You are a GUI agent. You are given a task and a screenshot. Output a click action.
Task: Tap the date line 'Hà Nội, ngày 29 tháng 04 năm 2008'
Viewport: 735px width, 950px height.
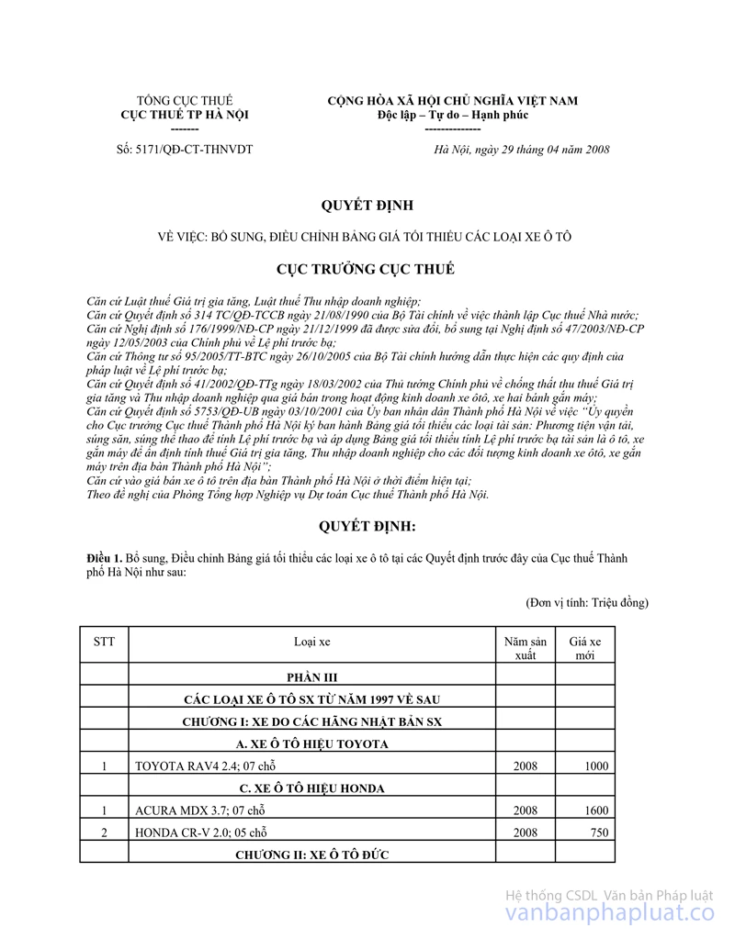coord(522,150)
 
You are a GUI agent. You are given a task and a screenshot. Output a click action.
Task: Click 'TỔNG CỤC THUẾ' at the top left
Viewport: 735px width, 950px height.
coord(185,101)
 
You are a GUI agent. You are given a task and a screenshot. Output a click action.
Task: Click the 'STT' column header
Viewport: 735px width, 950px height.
coord(104,642)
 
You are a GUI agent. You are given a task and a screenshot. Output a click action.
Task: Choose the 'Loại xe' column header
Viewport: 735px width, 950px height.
coord(312,642)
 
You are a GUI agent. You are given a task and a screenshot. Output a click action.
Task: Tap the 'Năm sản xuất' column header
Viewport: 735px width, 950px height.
coord(526,648)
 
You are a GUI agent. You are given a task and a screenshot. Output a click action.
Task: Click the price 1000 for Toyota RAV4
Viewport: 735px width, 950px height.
coord(594,766)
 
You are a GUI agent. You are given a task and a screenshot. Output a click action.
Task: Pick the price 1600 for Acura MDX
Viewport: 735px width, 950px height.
coord(594,810)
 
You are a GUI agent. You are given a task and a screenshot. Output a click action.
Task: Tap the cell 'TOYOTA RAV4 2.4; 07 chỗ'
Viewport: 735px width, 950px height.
coord(204,766)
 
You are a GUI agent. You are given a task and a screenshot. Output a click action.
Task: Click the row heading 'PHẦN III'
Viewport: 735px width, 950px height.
coord(312,676)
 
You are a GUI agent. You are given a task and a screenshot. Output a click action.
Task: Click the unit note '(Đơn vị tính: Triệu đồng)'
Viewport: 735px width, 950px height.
coord(587,602)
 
